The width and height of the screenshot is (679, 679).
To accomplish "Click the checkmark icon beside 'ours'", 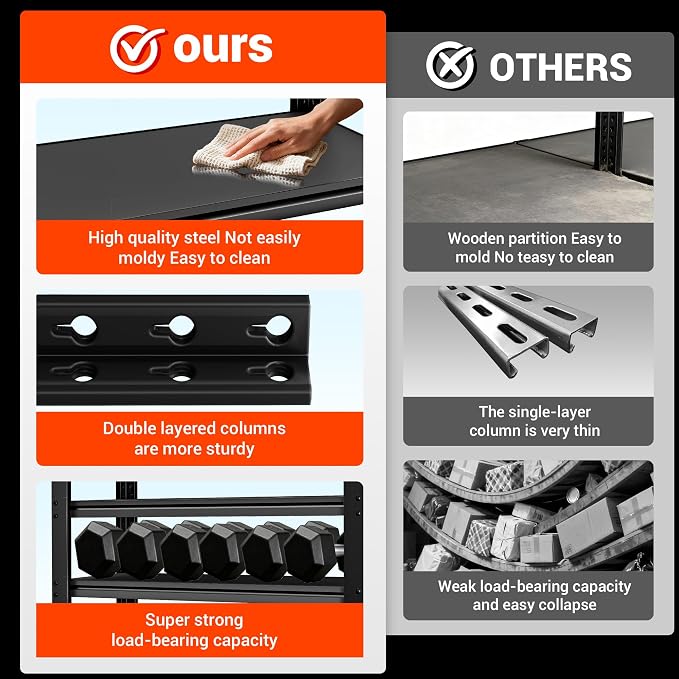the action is pos(136,48).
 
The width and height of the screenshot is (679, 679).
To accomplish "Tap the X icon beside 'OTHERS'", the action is pos(450,66).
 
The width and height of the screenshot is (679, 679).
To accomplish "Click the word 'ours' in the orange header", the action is pos(223,47).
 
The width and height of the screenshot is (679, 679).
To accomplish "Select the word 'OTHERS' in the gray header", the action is pos(560,67).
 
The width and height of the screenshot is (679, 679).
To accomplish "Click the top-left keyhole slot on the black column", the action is pos(77,328).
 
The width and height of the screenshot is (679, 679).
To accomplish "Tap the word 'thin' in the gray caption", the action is pos(587,430).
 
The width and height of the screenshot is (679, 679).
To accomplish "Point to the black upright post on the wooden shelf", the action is pos(609,143).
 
